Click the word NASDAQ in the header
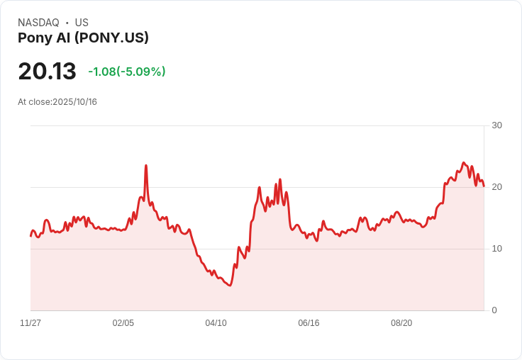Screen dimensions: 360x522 point(38,23)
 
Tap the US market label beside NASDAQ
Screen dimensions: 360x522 point(82,23)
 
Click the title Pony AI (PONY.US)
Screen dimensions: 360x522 point(83,38)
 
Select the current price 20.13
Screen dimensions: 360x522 point(47,72)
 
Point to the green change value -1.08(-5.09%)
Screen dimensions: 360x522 point(127,72)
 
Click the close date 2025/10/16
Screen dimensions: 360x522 point(74,102)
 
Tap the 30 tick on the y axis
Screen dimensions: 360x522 point(496,125)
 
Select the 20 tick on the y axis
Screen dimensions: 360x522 point(496,187)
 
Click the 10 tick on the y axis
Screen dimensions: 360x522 point(496,249)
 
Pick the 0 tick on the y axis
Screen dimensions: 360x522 point(494,310)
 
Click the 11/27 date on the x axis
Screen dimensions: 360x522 point(30,323)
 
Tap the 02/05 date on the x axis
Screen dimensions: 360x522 point(123,323)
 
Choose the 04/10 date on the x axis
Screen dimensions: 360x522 point(216,323)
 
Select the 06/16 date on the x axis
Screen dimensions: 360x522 point(309,323)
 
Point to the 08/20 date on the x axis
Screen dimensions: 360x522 point(401,323)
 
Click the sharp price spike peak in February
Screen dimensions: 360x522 point(145,166)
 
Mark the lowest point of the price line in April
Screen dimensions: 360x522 point(230,285)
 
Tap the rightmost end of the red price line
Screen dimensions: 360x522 point(484,186)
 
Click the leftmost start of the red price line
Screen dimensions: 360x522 point(30,236)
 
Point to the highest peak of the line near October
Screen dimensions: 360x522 point(463,162)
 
